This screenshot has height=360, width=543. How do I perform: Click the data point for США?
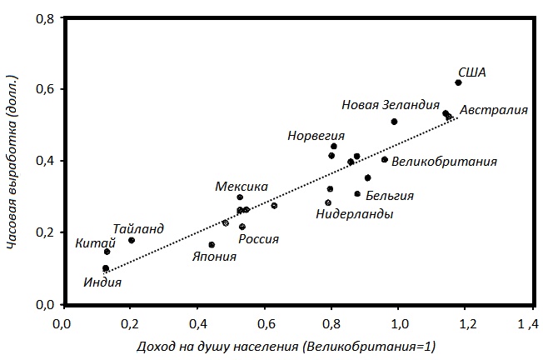[x=458, y=82]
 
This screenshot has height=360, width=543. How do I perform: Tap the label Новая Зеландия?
[x=391, y=105]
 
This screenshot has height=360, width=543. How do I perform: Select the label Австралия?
[x=494, y=110]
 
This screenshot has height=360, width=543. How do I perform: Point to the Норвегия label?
[x=316, y=135]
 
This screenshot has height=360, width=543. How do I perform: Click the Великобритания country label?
[x=444, y=162]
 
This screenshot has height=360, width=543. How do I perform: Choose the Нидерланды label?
[x=355, y=214]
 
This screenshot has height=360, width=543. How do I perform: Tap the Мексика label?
[x=242, y=187]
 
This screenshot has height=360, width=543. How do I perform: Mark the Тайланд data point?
[x=132, y=240]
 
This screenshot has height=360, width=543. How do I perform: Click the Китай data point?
[x=107, y=251]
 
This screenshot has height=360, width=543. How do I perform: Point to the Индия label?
[x=103, y=282]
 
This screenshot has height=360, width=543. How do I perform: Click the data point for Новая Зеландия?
[x=394, y=122]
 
